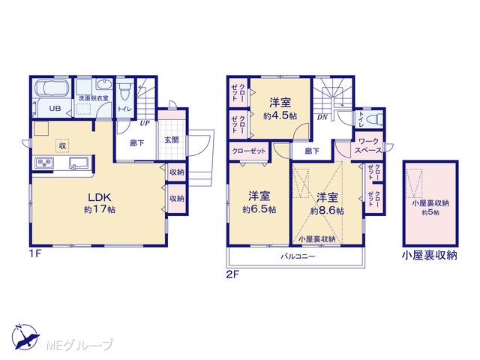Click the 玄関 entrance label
(172, 140)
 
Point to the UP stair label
(145, 123)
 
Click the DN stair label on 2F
(322, 117)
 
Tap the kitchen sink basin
(79, 163)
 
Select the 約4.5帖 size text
(280, 116)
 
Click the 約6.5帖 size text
(259, 210)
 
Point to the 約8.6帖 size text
(327, 211)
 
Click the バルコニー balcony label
(298, 256)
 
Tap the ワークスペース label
(368, 146)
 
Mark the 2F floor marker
(232, 274)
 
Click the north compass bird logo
(25, 337)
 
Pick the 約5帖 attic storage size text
(430, 212)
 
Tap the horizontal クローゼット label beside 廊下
(249, 151)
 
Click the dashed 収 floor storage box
(62, 145)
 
